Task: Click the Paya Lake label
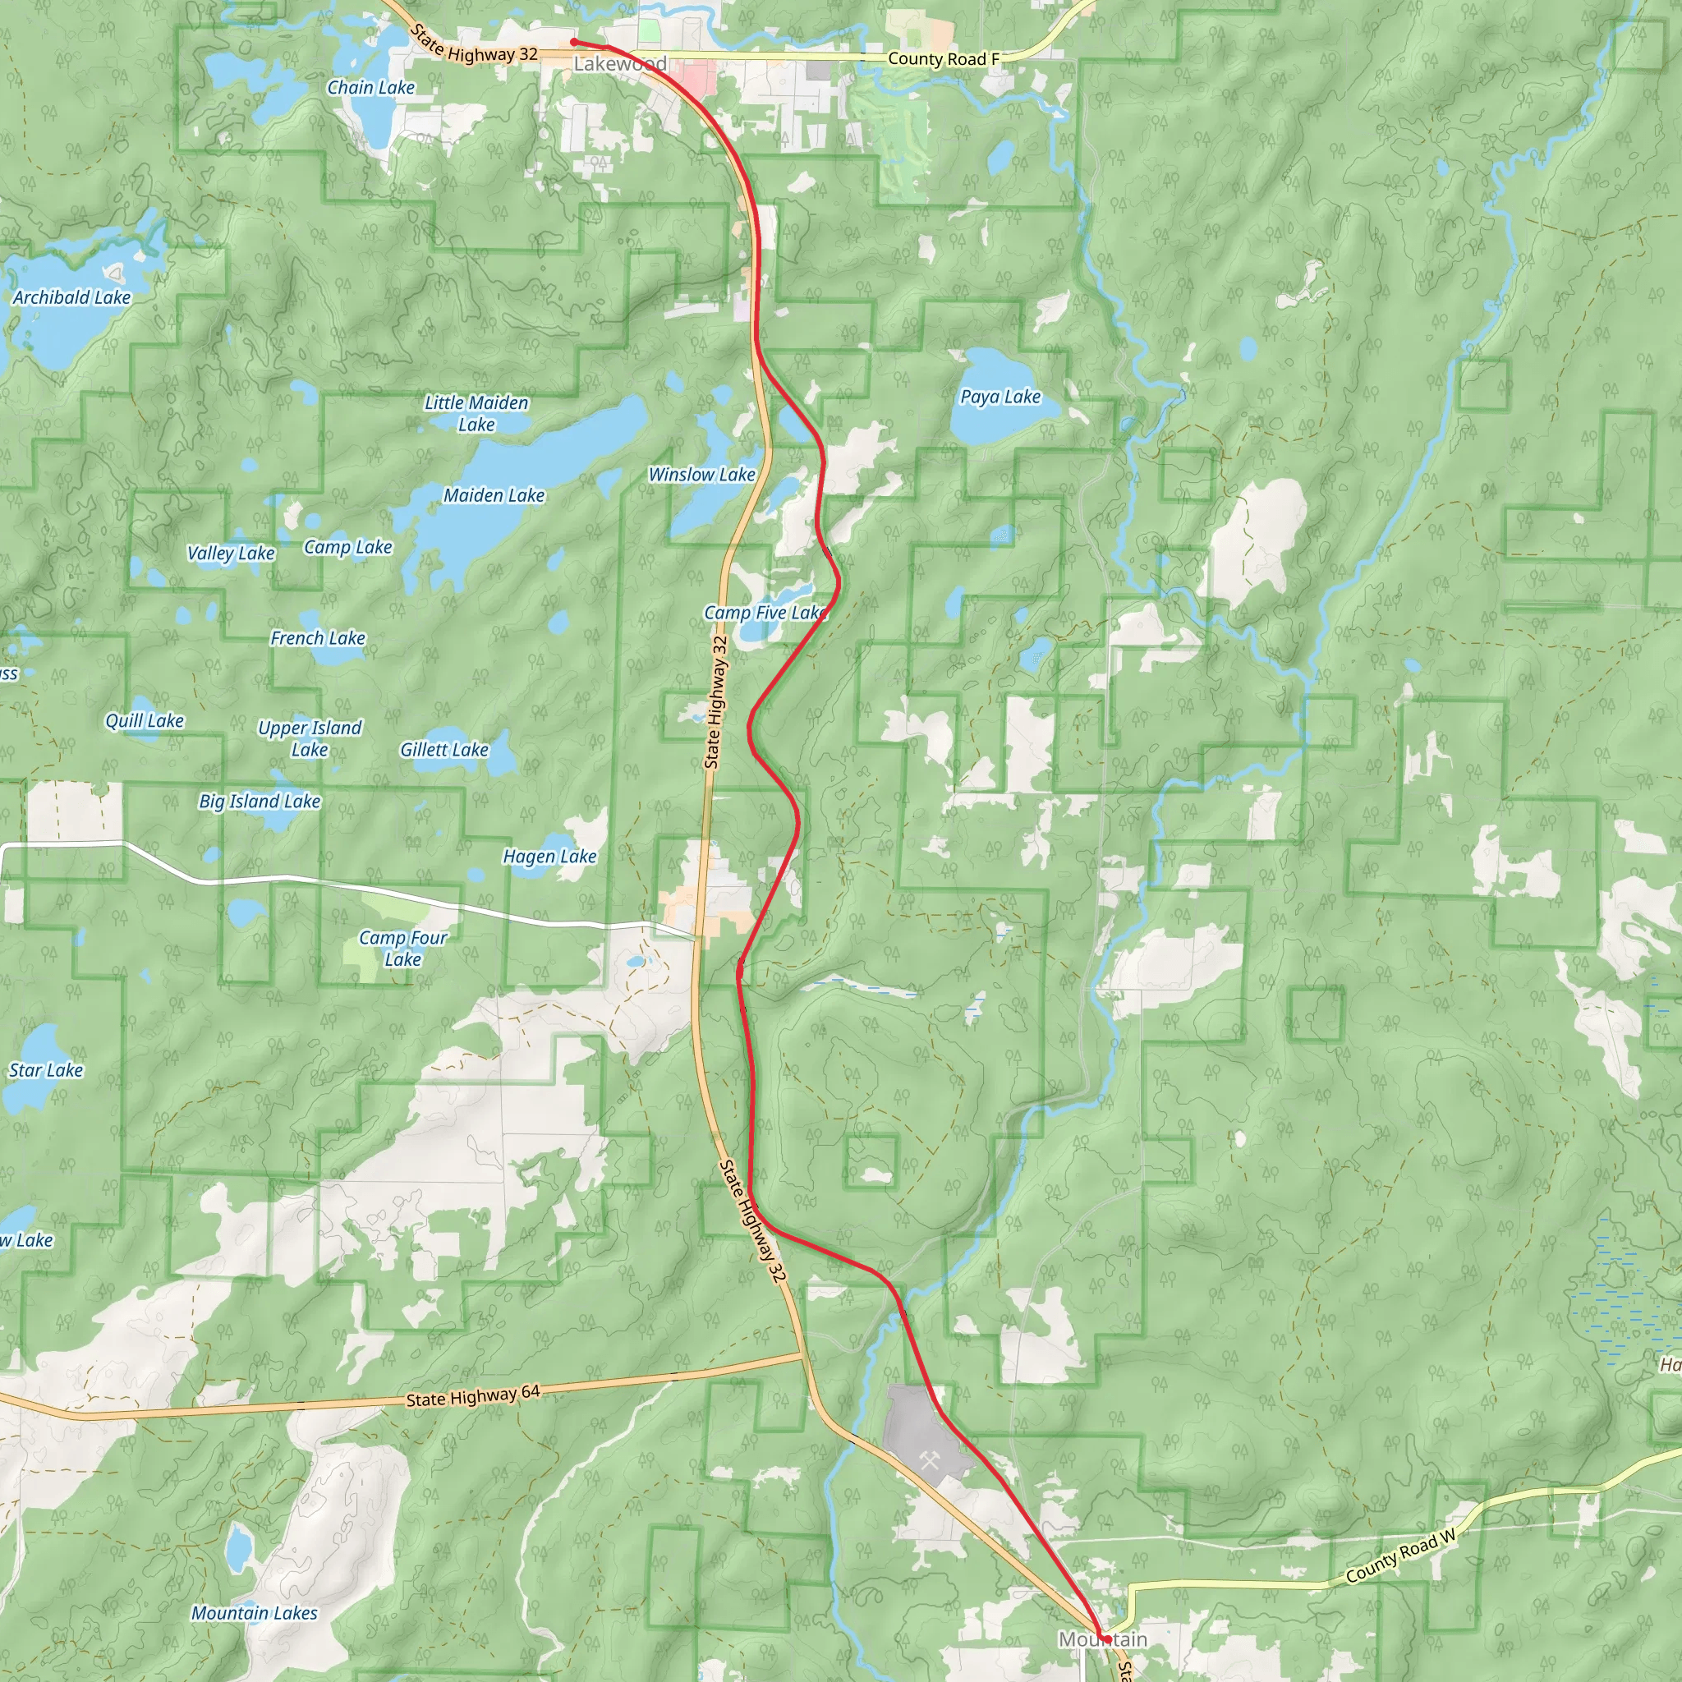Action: click(x=1000, y=397)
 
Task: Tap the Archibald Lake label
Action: click(x=71, y=298)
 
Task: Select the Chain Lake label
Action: click(x=371, y=87)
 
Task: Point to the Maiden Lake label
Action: click(x=494, y=495)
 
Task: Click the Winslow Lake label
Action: click(x=701, y=475)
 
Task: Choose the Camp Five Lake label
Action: click(x=765, y=613)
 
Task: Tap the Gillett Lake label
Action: click(x=444, y=750)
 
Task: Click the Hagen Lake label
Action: click(x=549, y=857)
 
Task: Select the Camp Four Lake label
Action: click(x=403, y=948)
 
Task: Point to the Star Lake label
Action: click(x=46, y=1070)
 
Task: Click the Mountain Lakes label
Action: click(x=255, y=1613)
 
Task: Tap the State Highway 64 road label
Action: click(x=473, y=1396)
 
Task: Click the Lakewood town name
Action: click(x=620, y=63)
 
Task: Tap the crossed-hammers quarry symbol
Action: click(x=929, y=1460)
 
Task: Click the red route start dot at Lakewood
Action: click(x=574, y=41)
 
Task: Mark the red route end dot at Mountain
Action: click(x=1104, y=1638)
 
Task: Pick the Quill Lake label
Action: click(x=145, y=721)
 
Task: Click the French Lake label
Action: click(x=318, y=638)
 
